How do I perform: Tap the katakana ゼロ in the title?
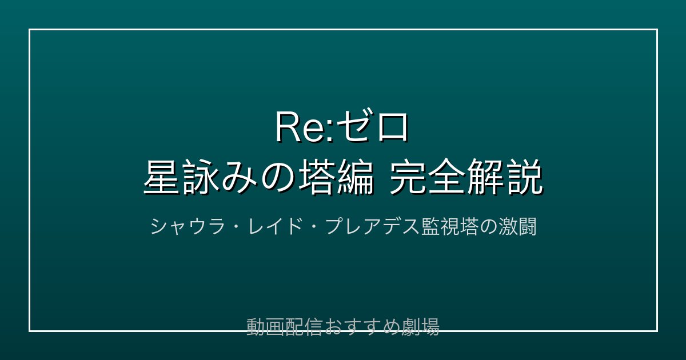click(x=373, y=127)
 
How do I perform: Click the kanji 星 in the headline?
click(x=161, y=177)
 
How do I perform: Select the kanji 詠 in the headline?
click(x=201, y=177)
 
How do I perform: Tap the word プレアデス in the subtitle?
click(x=372, y=227)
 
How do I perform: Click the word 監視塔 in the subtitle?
click(x=449, y=227)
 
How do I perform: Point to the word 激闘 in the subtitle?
click(x=517, y=227)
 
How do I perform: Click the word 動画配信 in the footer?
click(x=285, y=327)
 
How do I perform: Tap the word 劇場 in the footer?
click(x=421, y=327)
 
